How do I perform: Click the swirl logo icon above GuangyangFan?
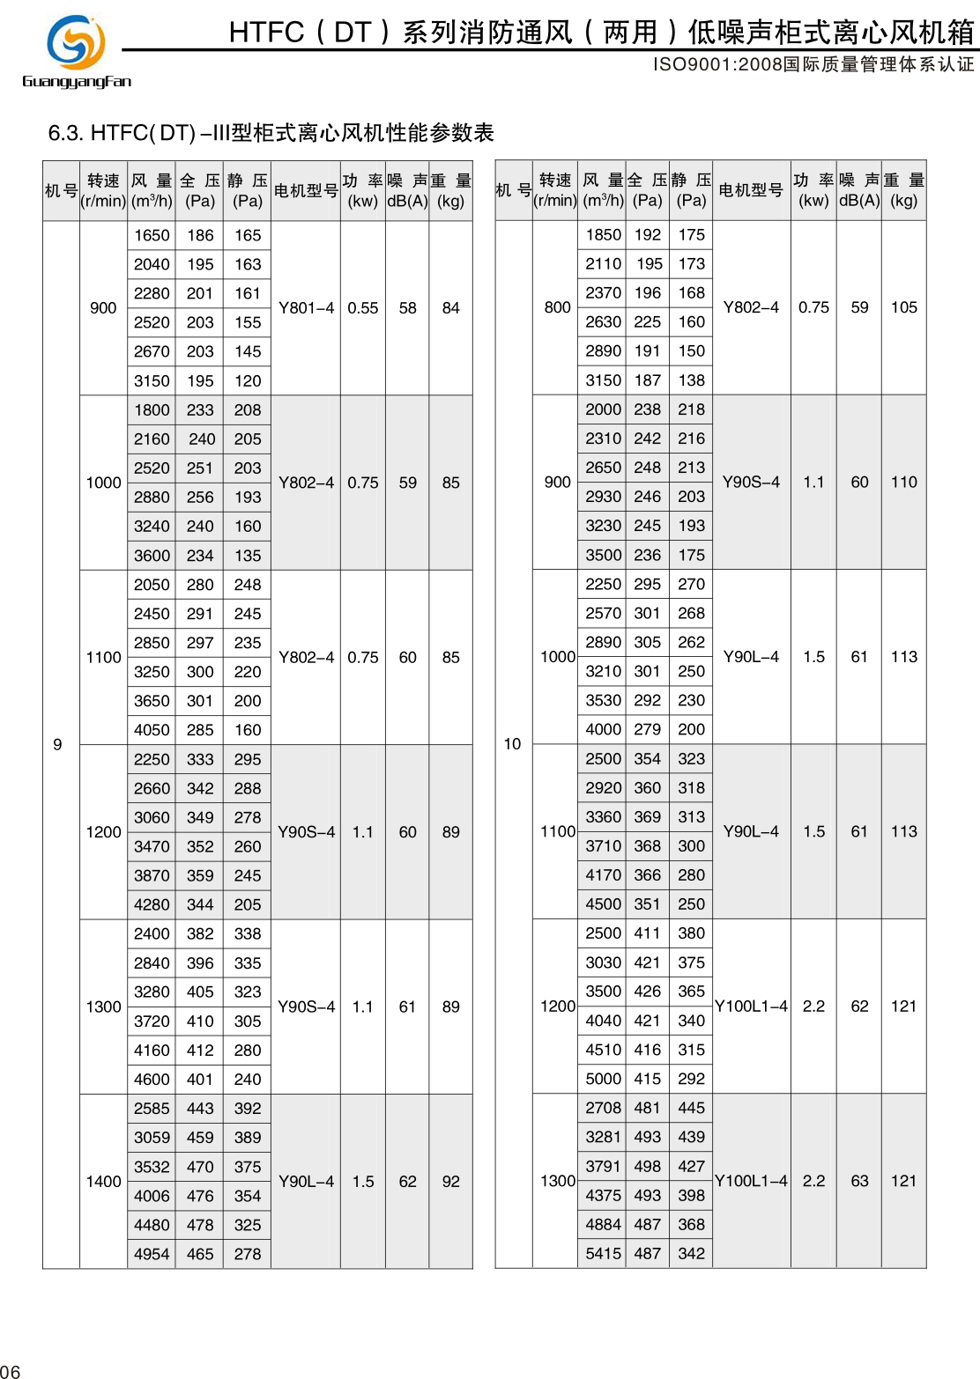tap(76, 41)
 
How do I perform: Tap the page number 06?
tap(10, 1371)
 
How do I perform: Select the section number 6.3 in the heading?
tap(65, 133)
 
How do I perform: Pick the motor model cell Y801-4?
tap(306, 308)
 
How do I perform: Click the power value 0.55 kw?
tap(362, 308)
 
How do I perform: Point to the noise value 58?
tap(407, 308)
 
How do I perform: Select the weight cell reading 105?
tap(903, 307)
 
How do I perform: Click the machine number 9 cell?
tap(58, 744)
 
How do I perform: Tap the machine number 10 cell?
tap(512, 744)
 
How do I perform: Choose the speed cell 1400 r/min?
tap(103, 1181)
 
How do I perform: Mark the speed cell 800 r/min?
tap(557, 307)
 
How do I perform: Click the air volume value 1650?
tap(152, 235)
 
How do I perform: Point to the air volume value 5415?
tap(603, 1253)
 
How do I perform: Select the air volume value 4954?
tap(152, 1254)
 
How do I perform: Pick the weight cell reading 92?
tap(450, 1181)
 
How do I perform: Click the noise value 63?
tap(859, 1181)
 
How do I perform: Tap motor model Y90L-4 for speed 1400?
tap(306, 1181)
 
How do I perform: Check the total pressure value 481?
tap(647, 1108)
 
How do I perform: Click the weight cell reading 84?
tap(450, 308)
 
